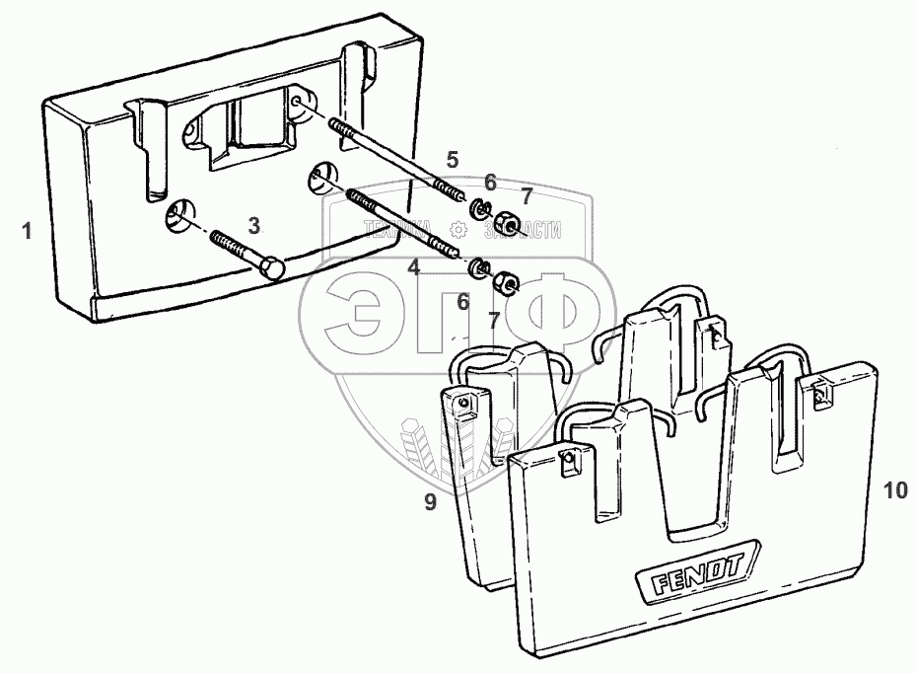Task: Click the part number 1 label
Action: (27, 232)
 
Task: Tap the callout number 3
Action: (253, 225)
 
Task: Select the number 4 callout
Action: (414, 266)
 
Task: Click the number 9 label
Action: (430, 502)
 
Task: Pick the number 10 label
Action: (893, 490)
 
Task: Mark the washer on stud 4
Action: (476, 266)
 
